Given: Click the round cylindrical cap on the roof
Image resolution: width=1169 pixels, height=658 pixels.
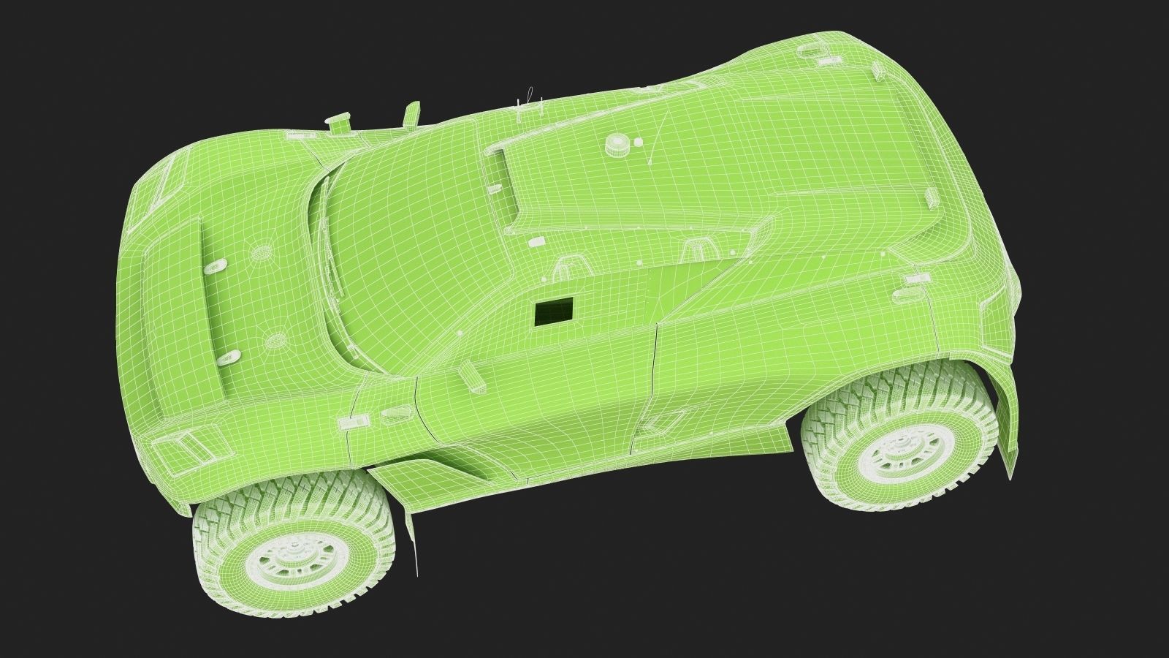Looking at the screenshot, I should click(x=618, y=145).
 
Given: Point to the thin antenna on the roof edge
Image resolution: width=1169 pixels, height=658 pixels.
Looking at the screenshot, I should click(x=520, y=107).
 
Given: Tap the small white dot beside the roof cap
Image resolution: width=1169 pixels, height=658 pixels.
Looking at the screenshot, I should click(x=636, y=143).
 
